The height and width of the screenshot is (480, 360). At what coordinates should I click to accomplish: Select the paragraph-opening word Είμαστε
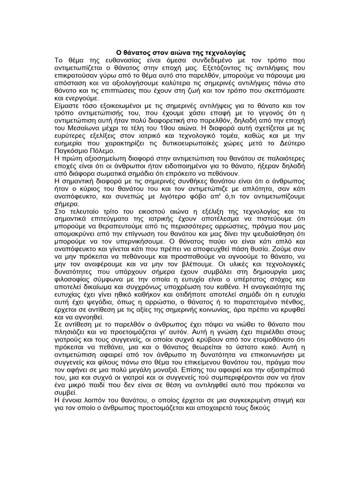[x=70, y=104]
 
